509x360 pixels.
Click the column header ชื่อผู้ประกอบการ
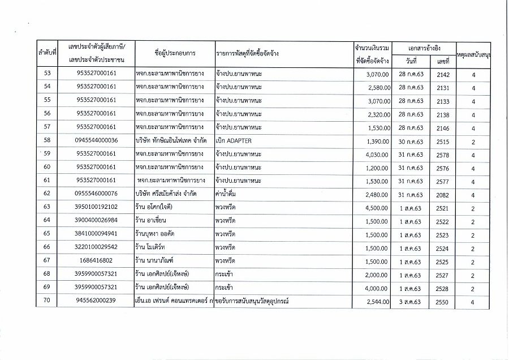[175, 53]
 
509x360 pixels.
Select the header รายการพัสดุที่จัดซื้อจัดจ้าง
[248, 53]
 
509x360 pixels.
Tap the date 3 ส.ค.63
[411, 302]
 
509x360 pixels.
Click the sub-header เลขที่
[443, 61]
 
